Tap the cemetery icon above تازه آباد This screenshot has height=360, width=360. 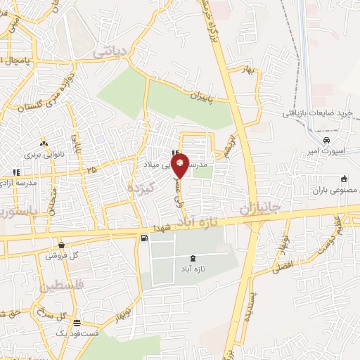193,259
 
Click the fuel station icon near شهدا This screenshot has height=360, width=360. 145,238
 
